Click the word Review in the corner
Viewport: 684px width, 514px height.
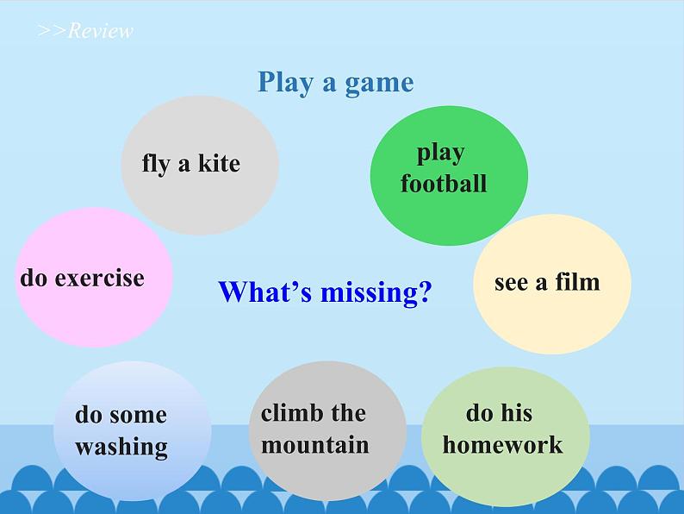click(x=101, y=32)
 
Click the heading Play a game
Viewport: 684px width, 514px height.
click(x=335, y=82)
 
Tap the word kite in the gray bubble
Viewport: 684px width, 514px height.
click(x=219, y=163)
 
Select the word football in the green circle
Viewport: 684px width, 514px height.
click(x=444, y=184)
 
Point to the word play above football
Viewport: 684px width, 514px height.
click(x=440, y=154)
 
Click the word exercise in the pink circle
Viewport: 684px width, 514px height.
click(x=99, y=278)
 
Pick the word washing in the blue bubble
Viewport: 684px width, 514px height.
click(x=121, y=447)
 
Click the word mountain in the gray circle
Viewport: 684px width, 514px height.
click(x=314, y=445)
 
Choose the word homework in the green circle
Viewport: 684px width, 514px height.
click(x=502, y=444)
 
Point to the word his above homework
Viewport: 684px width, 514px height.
click(x=516, y=413)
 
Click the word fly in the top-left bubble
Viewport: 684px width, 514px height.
click(x=155, y=163)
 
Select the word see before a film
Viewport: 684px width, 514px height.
click(x=510, y=282)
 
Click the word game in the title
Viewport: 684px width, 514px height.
click(x=379, y=83)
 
